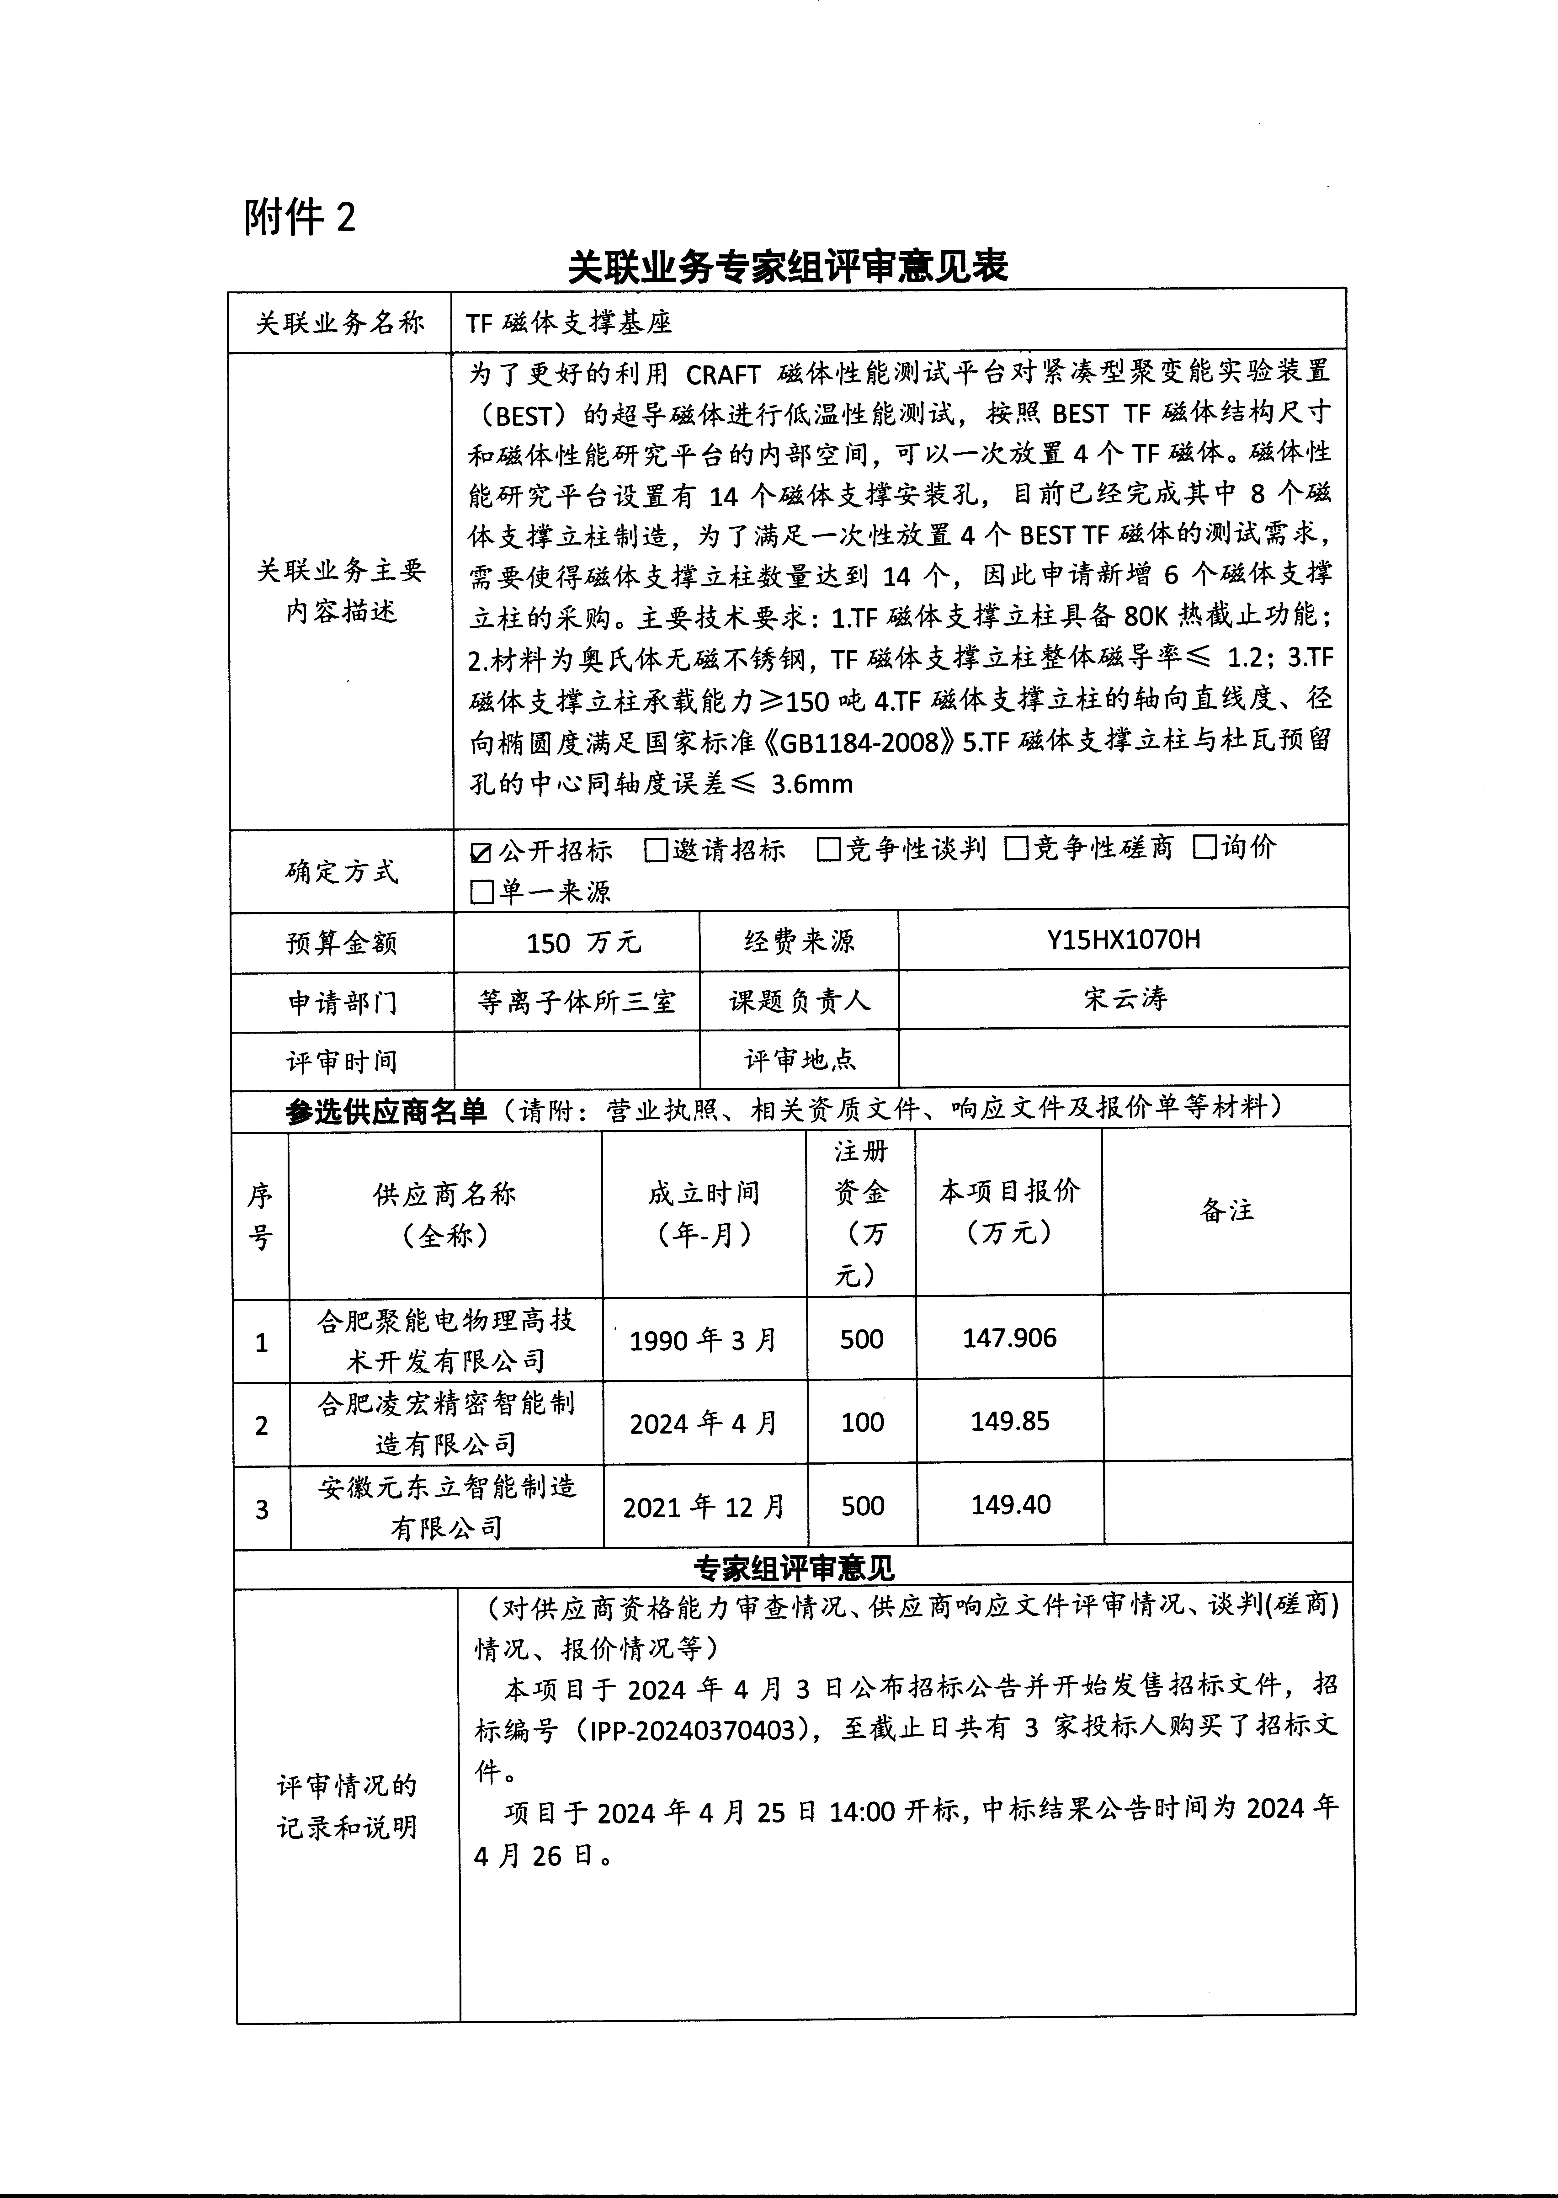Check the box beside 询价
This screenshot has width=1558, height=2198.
(x=1205, y=847)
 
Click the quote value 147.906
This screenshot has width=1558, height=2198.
(x=1009, y=1338)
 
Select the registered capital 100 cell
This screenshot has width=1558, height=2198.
(x=862, y=1422)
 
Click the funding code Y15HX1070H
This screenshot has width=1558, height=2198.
(x=1124, y=939)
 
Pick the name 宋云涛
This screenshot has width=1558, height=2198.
(x=1125, y=999)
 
